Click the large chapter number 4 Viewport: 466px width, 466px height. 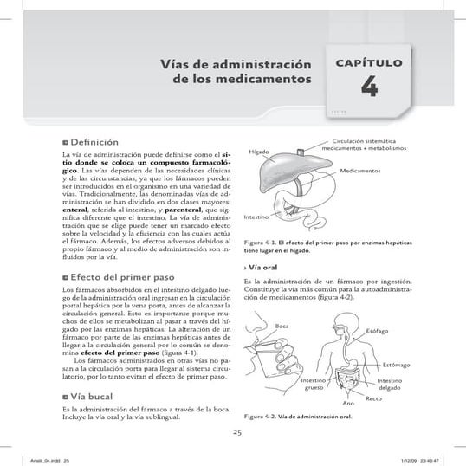[x=369, y=89]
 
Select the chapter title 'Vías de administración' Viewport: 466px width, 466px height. [x=236, y=65]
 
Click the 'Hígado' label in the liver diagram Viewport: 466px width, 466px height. [x=259, y=152]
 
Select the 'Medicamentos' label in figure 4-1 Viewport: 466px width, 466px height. [x=360, y=172]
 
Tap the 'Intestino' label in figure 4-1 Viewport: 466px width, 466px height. [x=257, y=216]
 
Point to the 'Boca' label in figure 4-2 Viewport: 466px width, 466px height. [x=282, y=325]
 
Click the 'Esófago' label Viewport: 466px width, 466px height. [x=378, y=332]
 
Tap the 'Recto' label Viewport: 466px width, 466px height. [x=373, y=398]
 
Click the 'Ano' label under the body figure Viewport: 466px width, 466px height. [x=347, y=405]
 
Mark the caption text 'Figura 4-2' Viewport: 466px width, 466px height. [x=262, y=416]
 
